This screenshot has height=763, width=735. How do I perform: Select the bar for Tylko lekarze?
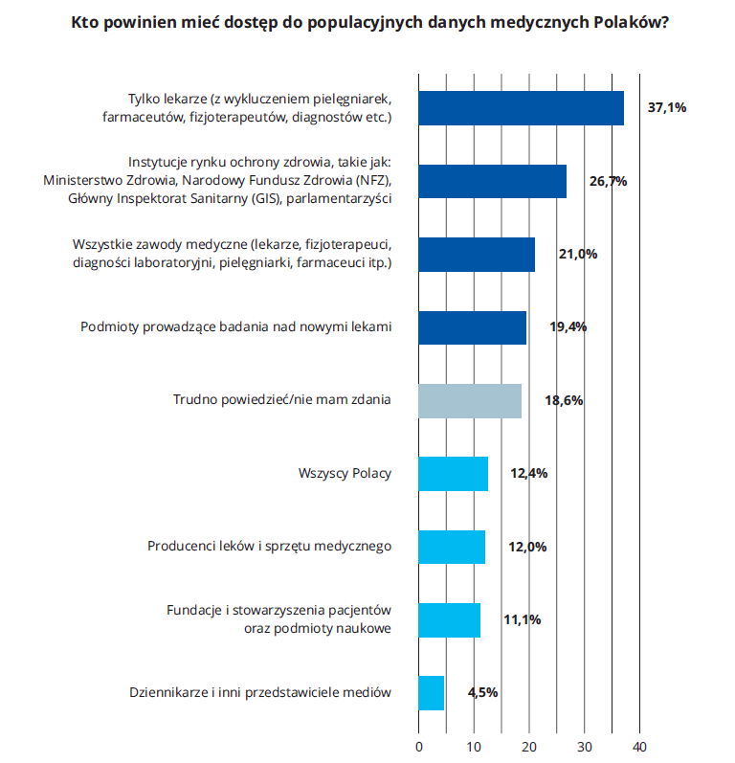[x=521, y=108]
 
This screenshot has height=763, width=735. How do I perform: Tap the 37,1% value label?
[x=667, y=108]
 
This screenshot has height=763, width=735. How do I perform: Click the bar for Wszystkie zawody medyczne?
[x=477, y=254]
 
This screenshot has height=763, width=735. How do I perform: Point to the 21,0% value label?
[x=578, y=254]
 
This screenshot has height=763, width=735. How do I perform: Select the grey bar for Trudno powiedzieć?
[x=470, y=400]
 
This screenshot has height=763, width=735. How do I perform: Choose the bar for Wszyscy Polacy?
[x=454, y=473]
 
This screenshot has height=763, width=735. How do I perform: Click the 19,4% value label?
[x=568, y=326]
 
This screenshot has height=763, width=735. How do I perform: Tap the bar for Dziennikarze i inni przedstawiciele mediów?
[x=432, y=692]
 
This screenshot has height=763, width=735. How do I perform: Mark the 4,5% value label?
[x=482, y=692]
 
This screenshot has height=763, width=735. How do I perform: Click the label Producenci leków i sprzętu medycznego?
[x=269, y=547]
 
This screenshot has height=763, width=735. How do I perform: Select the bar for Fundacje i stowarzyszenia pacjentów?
[x=450, y=619]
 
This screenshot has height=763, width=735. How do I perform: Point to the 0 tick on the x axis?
[x=419, y=746]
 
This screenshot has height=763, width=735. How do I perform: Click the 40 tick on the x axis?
[x=640, y=746]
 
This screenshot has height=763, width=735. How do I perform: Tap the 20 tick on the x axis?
[x=529, y=746]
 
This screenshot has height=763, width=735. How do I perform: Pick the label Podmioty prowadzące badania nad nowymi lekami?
[x=235, y=326]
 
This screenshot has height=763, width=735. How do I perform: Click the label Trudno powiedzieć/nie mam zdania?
[x=281, y=400]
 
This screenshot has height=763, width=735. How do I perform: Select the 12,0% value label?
[x=527, y=547]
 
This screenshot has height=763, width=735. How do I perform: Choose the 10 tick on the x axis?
[x=474, y=746]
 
